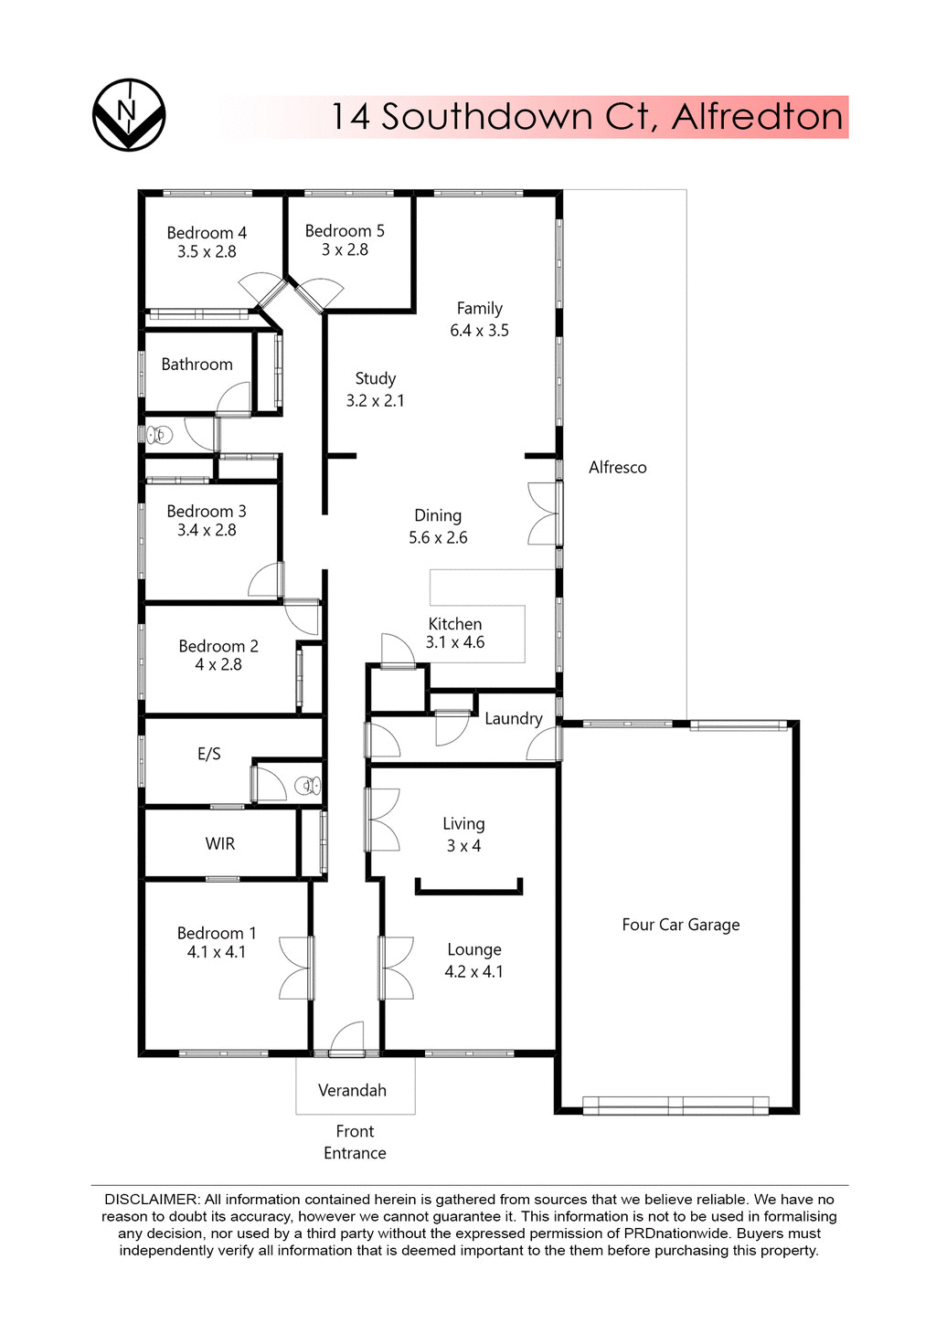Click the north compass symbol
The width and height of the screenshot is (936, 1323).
click(x=129, y=114)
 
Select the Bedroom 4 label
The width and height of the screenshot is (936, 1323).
click(x=207, y=233)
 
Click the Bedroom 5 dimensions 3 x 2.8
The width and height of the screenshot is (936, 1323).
click(x=345, y=250)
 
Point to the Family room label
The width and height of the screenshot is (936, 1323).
click(x=480, y=309)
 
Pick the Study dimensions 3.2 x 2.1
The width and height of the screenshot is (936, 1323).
click(x=375, y=400)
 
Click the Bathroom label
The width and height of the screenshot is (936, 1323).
click(x=197, y=365)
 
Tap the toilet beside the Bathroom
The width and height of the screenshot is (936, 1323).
click(x=160, y=434)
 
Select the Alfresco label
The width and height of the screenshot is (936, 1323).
click(x=617, y=468)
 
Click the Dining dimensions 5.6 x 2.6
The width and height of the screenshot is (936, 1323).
click(x=438, y=538)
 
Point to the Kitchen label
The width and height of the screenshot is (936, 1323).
click(x=455, y=624)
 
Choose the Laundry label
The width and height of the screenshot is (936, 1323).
click(x=513, y=719)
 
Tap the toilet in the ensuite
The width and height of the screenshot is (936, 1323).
click(x=307, y=785)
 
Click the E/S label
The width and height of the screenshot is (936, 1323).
click(x=209, y=754)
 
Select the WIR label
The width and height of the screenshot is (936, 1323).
click(x=220, y=843)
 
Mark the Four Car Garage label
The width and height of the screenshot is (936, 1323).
click(x=681, y=925)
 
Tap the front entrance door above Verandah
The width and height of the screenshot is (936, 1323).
click(x=347, y=1042)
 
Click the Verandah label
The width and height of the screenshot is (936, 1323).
click(x=352, y=1090)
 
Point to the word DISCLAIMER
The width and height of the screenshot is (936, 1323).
click(x=151, y=1199)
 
